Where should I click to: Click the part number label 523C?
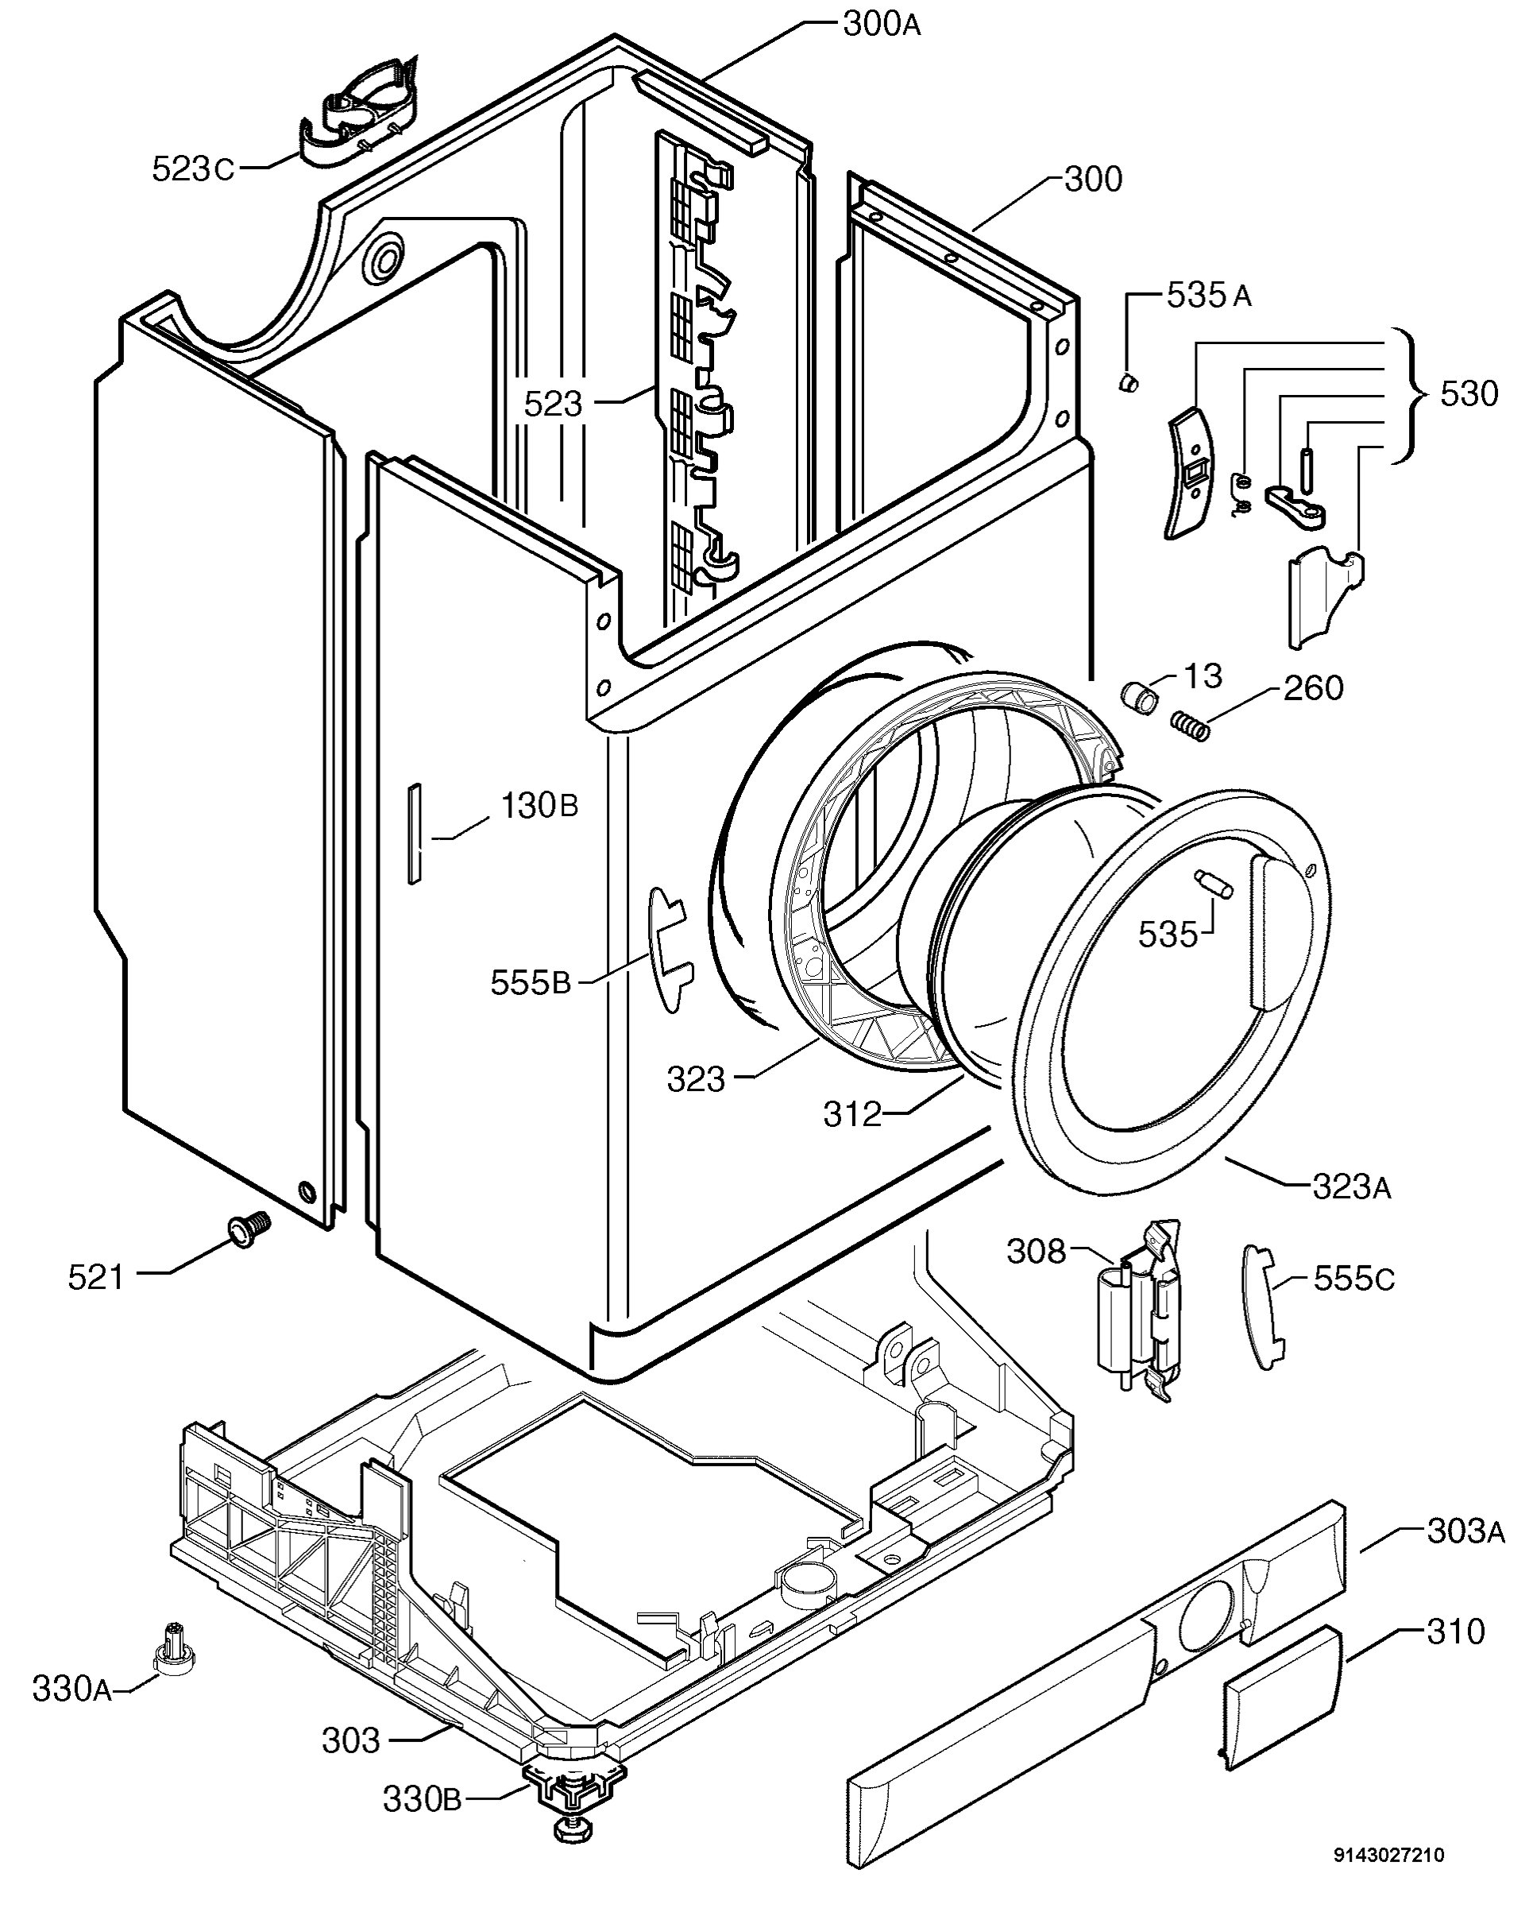pyautogui.click(x=193, y=168)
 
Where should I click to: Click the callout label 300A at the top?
pyautogui.click(x=882, y=25)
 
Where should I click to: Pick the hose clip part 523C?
pyautogui.click(x=361, y=111)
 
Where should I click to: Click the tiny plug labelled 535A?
pyautogui.click(x=1129, y=383)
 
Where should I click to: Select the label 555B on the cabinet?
pyautogui.click(x=530, y=982)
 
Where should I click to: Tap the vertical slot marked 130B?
pyautogui.click(x=414, y=834)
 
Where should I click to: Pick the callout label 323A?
pyautogui.click(x=1352, y=1187)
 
